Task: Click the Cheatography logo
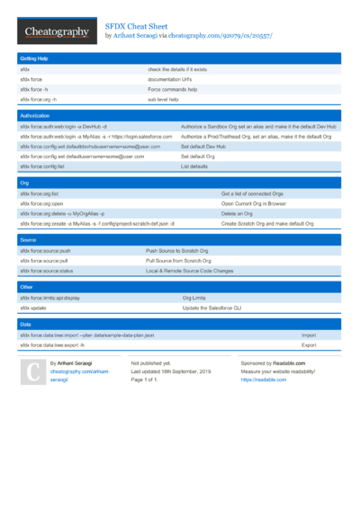(x=56, y=32)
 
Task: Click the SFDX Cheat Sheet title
(x=139, y=27)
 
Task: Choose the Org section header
(x=24, y=183)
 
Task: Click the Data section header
(x=25, y=324)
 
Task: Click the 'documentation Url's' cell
(x=169, y=79)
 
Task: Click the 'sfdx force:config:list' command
(x=42, y=166)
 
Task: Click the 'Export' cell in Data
(x=309, y=344)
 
